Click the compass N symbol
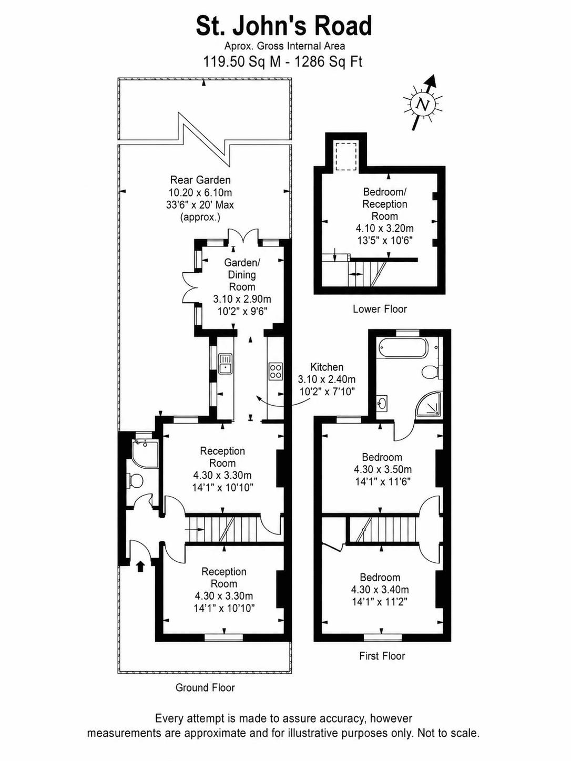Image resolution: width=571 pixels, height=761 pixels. (423, 104)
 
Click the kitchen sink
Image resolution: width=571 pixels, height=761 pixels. (225, 364)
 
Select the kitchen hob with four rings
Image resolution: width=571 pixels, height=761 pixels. (276, 371)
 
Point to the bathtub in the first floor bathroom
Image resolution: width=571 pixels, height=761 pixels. (404, 348)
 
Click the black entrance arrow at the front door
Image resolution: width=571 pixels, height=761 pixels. (140, 567)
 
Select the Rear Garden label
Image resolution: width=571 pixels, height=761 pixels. (200, 180)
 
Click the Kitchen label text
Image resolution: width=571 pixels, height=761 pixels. (327, 367)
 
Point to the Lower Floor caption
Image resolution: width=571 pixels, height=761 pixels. (380, 309)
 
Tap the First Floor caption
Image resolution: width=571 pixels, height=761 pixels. (382, 663)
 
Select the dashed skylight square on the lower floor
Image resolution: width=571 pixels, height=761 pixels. (345, 156)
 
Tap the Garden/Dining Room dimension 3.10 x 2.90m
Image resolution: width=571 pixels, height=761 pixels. (242, 299)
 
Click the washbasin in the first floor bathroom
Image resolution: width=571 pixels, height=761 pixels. (383, 404)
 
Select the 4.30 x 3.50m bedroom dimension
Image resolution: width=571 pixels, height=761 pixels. (383, 469)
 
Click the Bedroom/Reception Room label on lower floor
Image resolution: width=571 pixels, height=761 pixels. (384, 204)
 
